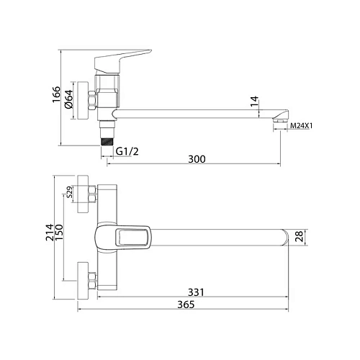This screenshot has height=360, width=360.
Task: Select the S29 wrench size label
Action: point(69,192)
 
